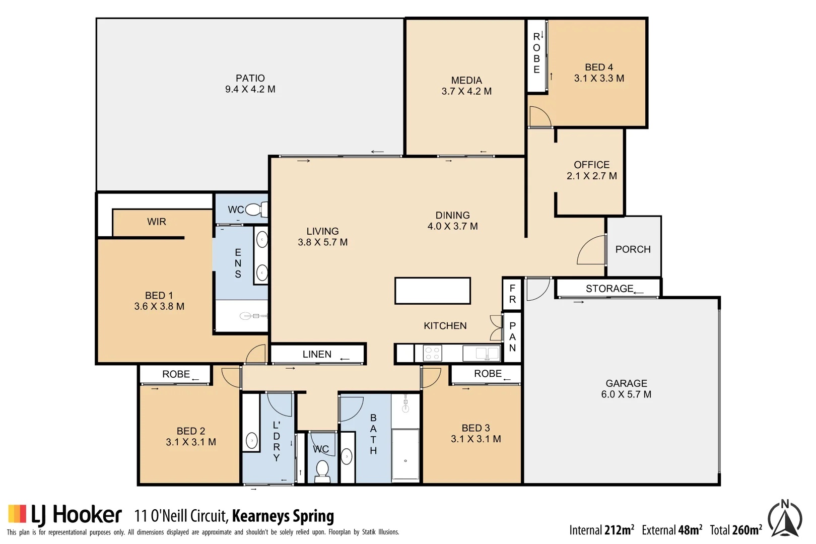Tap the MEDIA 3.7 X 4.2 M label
click(466, 86)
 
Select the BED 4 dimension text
click(599, 79)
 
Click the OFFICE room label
click(591, 165)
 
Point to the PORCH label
click(633, 249)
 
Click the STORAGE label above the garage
click(609, 289)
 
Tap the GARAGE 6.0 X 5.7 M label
click(626, 389)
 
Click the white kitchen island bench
click(433, 291)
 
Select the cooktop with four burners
click(432, 353)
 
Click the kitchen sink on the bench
click(481, 353)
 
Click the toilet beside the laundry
click(322, 470)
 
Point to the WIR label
click(157, 222)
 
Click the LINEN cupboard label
click(317, 354)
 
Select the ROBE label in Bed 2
click(176, 374)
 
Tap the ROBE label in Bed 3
click(488, 374)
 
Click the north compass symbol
click(785, 518)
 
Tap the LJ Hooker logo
click(65, 515)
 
